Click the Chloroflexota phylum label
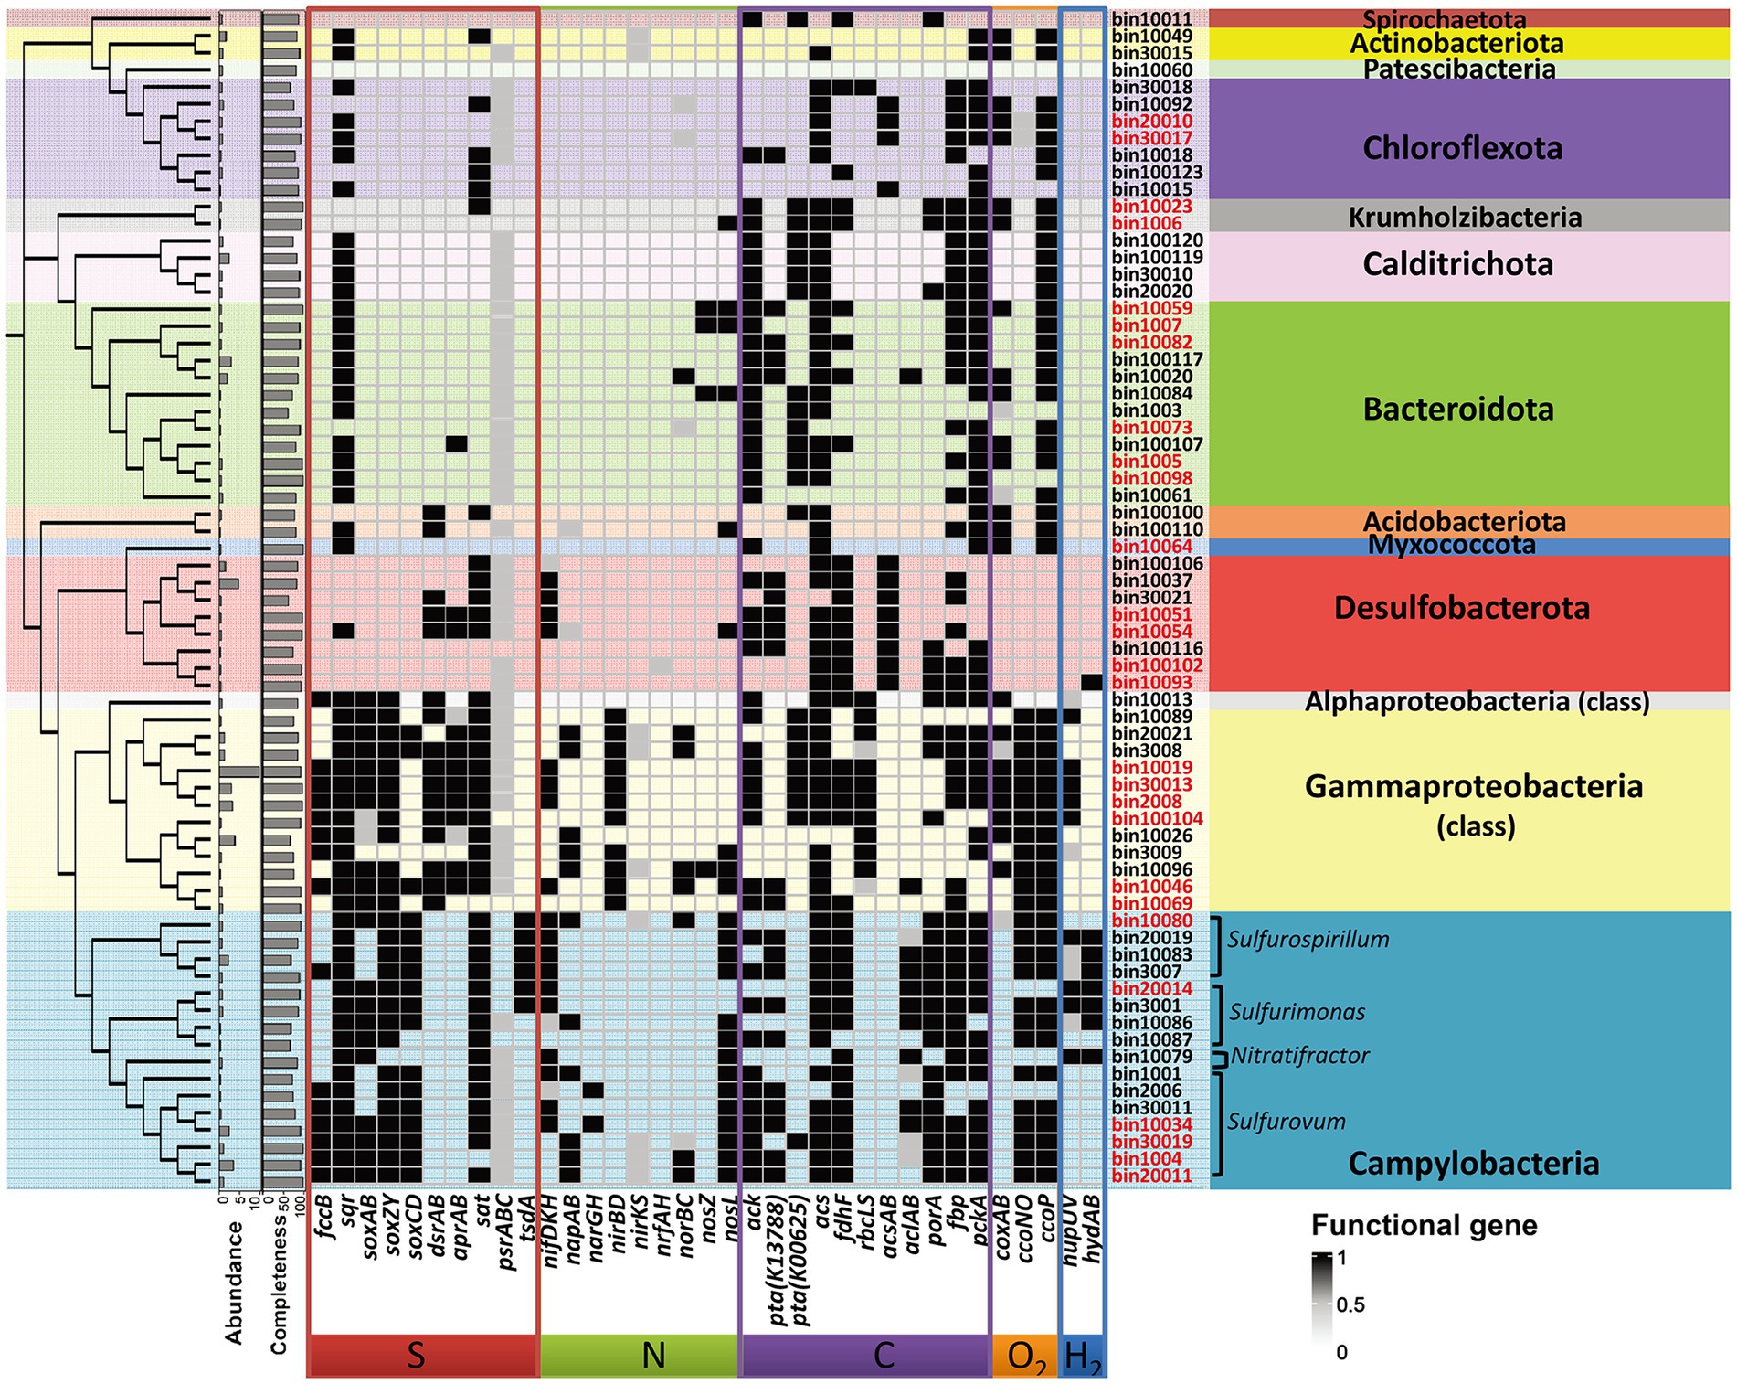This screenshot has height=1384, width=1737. pyautogui.click(x=1462, y=148)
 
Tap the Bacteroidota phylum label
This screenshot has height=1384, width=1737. pyautogui.click(x=1458, y=409)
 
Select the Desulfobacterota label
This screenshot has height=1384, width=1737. pyautogui.click(x=1461, y=608)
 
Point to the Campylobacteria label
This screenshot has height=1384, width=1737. pyautogui.click(x=1473, y=1164)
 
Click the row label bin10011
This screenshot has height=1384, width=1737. pyautogui.click(x=1151, y=19)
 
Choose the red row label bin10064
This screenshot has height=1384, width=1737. pyautogui.click(x=1151, y=547)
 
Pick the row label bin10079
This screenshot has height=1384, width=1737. pyautogui.click(x=1151, y=1057)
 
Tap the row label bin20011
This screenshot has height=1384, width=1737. pyautogui.click(x=1151, y=1176)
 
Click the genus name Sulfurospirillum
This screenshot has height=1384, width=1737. pyautogui.click(x=1308, y=940)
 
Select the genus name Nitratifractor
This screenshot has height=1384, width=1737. pyautogui.click(x=1299, y=1057)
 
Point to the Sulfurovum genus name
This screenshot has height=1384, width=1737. pyautogui.click(x=1286, y=1122)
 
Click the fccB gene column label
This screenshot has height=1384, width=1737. pyautogui.click(x=323, y=1217)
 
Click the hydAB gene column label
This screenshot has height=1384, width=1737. pyautogui.click(x=1092, y=1230)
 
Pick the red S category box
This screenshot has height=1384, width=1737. pyautogui.click(x=422, y=1355)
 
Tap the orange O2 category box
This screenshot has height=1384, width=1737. pyautogui.click(x=1024, y=1355)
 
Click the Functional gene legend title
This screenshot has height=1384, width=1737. pyautogui.click(x=1424, y=1225)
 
